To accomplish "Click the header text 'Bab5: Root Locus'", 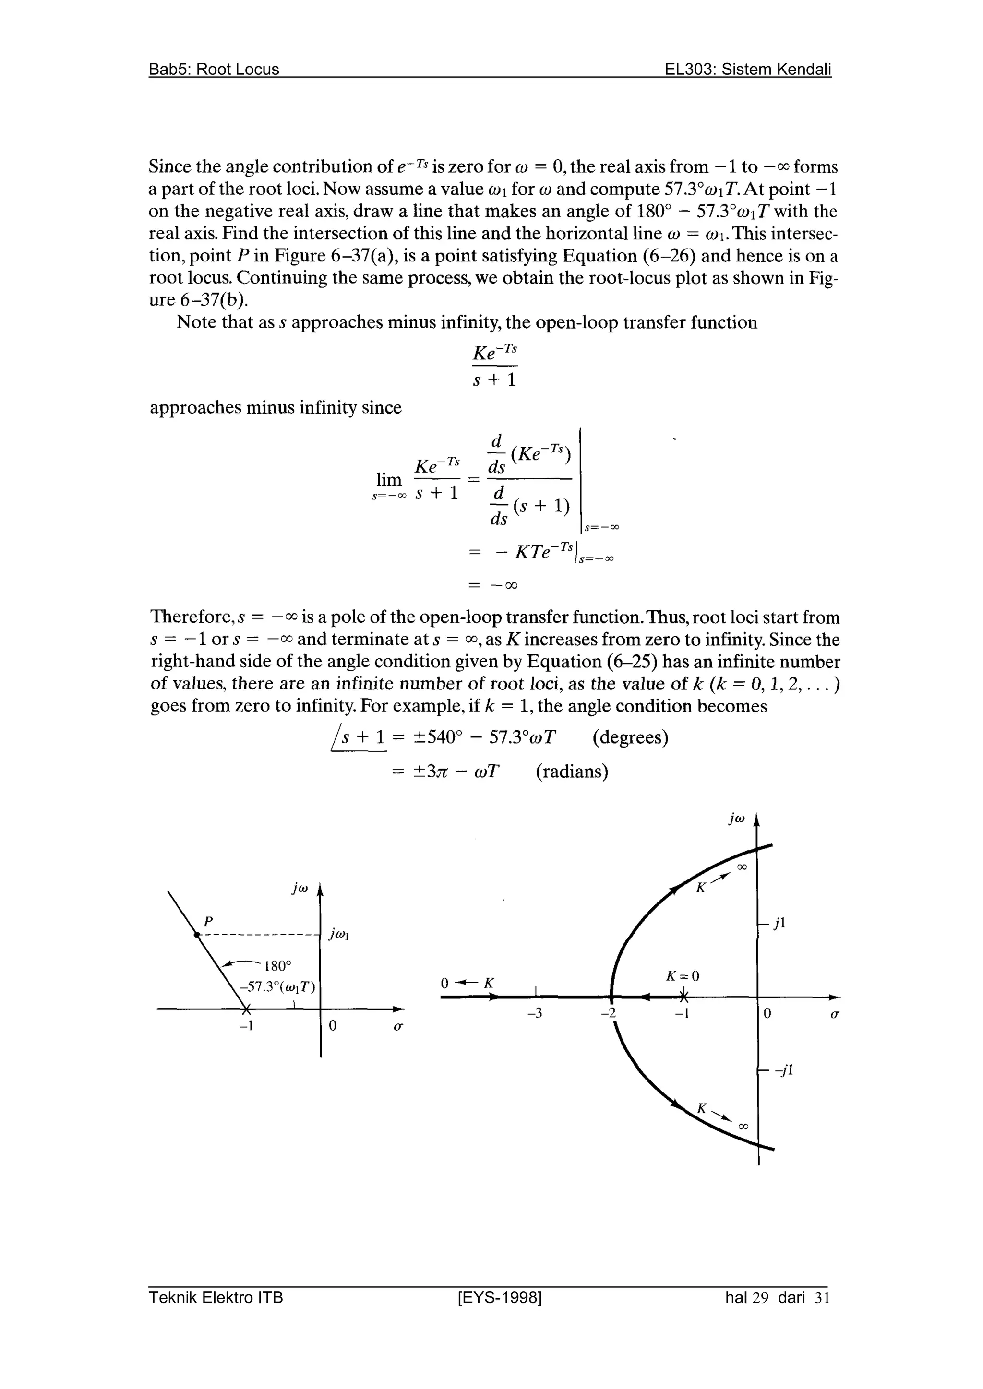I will click(214, 70).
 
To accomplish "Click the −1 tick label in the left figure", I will click(245, 1026).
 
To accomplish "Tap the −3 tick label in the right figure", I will click(535, 1014).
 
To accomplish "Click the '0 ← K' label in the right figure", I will click(468, 984).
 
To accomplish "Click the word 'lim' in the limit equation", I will click(389, 480).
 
